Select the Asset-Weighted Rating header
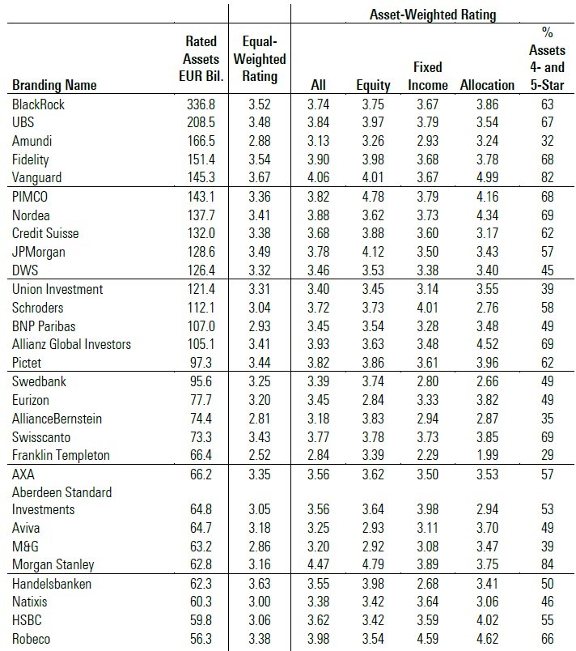pyautogui.click(x=432, y=15)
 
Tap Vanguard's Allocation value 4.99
pyautogui.click(x=486, y=177)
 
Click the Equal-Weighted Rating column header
pyautogui.click(x=260, y=59)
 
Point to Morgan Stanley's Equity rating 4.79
pyautogui.click(x=373, y=564)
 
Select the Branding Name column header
pyautogui.click(x=54, y=85)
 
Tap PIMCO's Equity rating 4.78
pyautogui.click(x=373, y=196)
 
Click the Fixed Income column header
pyautogui.click(x=427, y=76)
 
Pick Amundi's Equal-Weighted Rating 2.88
pyautogui.click(x=260, y=141)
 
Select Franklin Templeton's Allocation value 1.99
pyautogui.click(x=486, y=455)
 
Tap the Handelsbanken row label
pyautogui.click(x=52, y=583)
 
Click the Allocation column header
pyautogui.click(x=486, y=85)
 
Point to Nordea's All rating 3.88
pyautogui.click(x=324, y=215)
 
